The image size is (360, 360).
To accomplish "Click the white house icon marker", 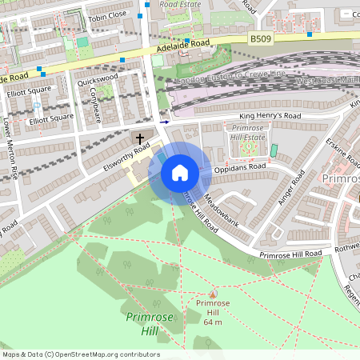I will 180,172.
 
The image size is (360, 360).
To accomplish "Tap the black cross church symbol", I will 139,138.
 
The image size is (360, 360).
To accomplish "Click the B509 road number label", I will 261,38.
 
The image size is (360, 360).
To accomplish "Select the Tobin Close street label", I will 107,15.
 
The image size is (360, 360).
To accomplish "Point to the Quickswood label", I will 98,79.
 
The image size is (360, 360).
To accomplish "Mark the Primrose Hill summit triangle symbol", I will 213,294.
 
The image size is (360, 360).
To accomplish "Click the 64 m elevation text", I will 212,322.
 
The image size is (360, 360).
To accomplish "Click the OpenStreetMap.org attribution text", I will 103,354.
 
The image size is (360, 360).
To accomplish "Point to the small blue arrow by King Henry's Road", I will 165,122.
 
